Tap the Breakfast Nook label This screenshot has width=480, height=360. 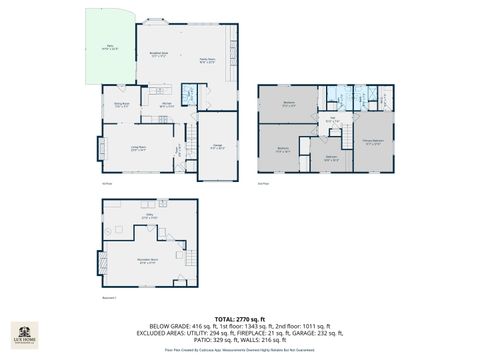coord(157,55)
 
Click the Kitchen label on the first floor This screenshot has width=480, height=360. coord(168,103)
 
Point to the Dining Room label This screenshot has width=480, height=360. coord(120,104)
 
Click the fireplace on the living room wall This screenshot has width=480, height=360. coord(101,149)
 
